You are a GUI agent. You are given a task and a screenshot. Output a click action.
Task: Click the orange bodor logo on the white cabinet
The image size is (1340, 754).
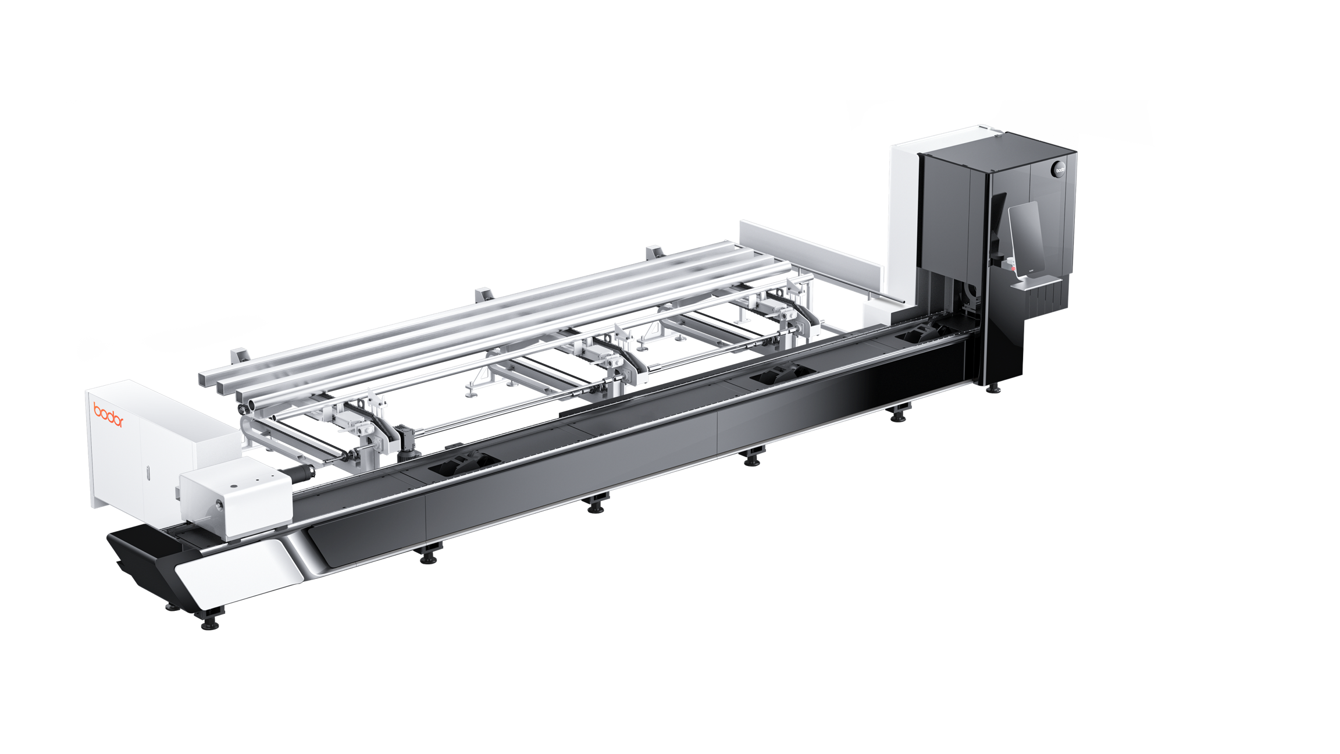pos(108,415)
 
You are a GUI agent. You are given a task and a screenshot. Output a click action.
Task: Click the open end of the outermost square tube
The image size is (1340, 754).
pos(205,378)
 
